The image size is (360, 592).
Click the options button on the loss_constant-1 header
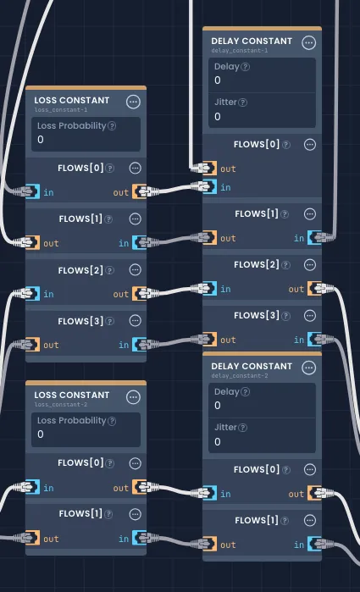(133, 102)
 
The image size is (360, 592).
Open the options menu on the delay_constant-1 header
(309, 42)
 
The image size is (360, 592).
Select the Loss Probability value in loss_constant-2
(41, 434)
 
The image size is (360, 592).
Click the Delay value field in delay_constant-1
(262, 80)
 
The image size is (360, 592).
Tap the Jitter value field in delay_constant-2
(262, 442)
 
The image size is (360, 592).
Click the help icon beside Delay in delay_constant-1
(245, 67)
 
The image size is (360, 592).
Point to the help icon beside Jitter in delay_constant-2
(243, 428)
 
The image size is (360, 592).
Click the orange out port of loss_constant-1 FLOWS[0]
(139, 191)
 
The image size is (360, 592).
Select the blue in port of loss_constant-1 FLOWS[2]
(33, 293)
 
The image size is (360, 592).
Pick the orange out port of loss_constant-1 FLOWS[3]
(33, 345)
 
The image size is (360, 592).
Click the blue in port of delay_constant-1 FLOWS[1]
(314, 237)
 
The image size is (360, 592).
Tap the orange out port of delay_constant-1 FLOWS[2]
(314, 289)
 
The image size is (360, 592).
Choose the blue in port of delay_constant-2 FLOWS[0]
(210, 493)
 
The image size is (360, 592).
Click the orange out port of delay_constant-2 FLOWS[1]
(210, 544)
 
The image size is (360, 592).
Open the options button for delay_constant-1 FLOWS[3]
(310, 316)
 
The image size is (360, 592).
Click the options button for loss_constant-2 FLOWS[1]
(135, 514)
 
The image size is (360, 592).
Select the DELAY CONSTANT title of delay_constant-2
(252, 366)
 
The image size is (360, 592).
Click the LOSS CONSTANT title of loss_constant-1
(72, 101)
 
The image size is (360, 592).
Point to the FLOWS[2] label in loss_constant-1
(80, 270)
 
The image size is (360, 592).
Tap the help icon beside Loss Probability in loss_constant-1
(112, 126)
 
